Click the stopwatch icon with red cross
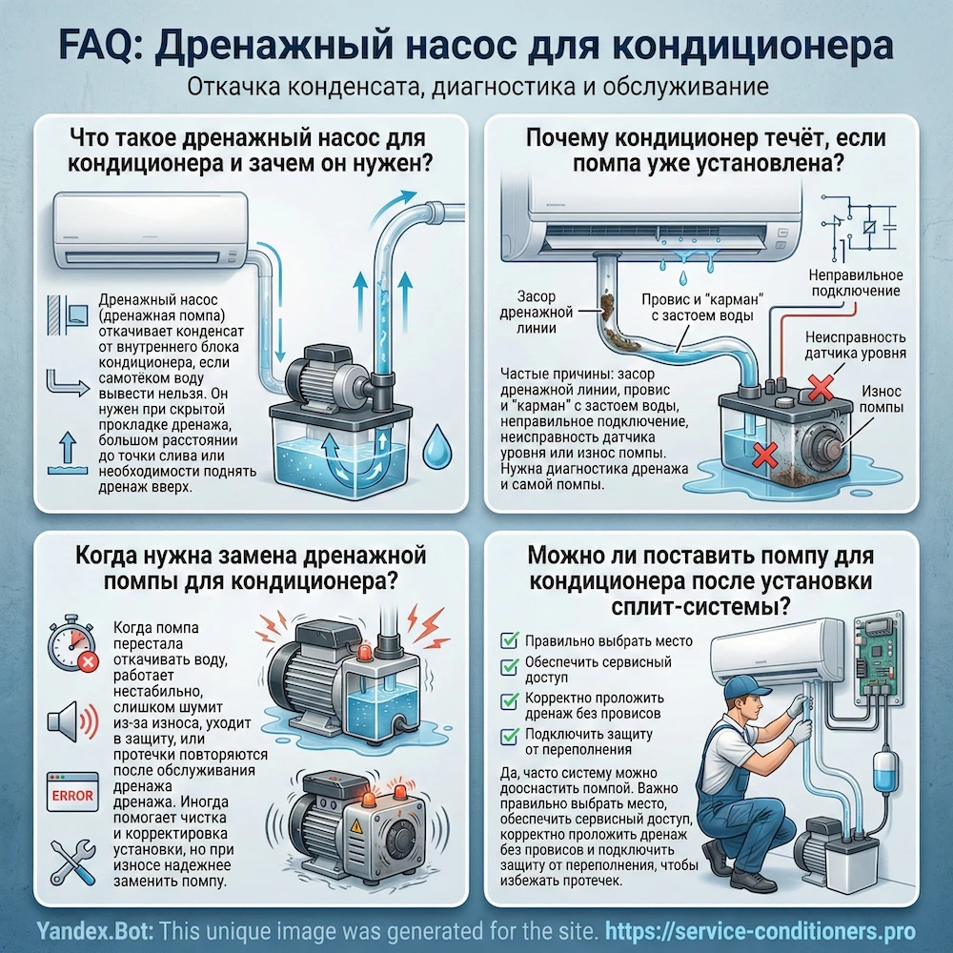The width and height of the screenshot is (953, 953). coord(71,646)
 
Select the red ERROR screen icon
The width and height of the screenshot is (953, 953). coord(71,794)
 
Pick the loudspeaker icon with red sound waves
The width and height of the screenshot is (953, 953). coord(71,720)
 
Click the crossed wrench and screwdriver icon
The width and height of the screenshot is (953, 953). coord(71,862)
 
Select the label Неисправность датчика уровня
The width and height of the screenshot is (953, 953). coord(855,346)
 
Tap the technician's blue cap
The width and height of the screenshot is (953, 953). coord(746,687)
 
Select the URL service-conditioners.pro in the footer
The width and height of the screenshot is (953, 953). coord(769,931)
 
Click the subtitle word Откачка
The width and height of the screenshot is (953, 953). coord(227,88)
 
